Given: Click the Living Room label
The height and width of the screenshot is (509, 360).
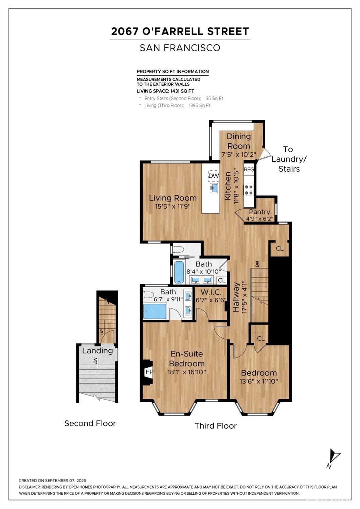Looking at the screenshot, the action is coord(173,198).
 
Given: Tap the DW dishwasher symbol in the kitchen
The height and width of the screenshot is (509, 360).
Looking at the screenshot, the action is coord(214,176).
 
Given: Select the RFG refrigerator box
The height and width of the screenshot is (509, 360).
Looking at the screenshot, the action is coord(249,169).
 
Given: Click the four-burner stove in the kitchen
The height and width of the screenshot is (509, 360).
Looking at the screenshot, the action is coord(249,190).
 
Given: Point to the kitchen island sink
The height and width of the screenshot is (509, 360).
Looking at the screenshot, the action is coord(214,188).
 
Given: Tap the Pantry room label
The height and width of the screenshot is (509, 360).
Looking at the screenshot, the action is coord(259,212).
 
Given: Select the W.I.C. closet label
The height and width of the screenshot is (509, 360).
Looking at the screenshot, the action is coord(211,292).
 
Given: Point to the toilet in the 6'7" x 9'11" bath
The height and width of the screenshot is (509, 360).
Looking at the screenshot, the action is coord(146,295).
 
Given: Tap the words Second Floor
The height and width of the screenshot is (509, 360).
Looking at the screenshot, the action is coord(90,423).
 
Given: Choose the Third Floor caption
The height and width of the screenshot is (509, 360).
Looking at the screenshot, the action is coord(216,426).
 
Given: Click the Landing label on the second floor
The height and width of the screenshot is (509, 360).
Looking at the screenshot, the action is coord(97,351).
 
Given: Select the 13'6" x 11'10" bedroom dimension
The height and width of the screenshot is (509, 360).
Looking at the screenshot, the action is coord(259,381).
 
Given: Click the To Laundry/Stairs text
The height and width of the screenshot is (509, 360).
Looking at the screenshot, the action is coord(289,159).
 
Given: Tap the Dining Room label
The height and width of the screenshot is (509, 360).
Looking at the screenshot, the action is coord(239,141).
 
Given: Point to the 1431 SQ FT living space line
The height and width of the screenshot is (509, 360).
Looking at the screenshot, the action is coord(165,91).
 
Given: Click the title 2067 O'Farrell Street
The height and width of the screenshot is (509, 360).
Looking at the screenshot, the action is coord(180,31).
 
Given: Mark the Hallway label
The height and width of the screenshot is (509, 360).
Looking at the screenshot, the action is coord(236,297).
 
